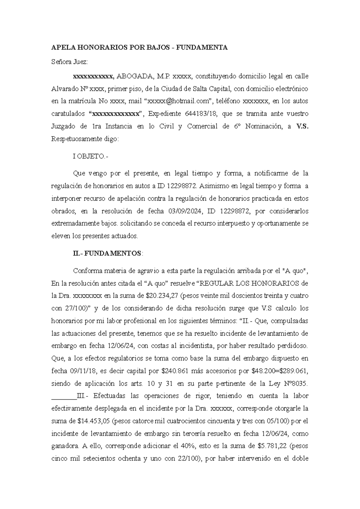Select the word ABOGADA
click(x=134, y=76)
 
